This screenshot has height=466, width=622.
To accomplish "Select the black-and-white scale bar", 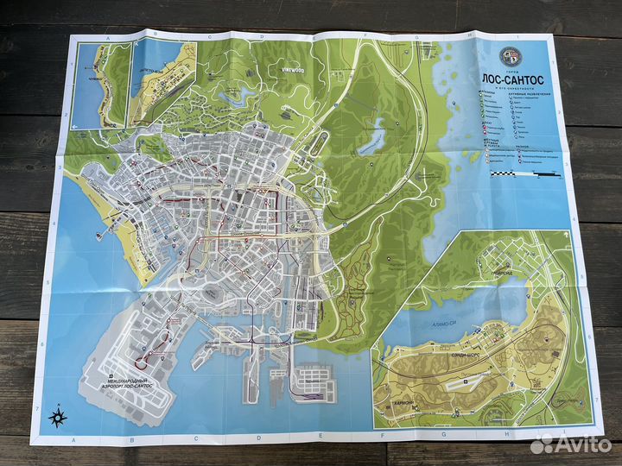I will point(518,174).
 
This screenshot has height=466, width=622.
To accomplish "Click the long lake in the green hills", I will point(373,135).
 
